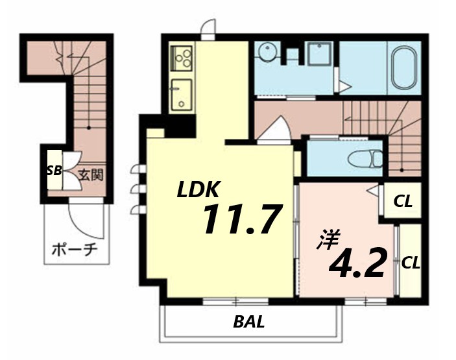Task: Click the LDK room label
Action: pos(197,189)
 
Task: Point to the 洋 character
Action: pos(329,239)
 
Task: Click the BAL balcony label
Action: pos(249,322)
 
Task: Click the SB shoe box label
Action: pos(54,171)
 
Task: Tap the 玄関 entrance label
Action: pos(91,175)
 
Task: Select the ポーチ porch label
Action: pos(74,250)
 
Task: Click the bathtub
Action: pos(403,67)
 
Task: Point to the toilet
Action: pos(365,159)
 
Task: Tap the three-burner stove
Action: pos(182,58)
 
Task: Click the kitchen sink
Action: pos(182,95)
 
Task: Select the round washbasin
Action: pos(265,53)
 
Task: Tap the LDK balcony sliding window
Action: pos(235,301)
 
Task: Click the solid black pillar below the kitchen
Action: pos(181,126)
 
